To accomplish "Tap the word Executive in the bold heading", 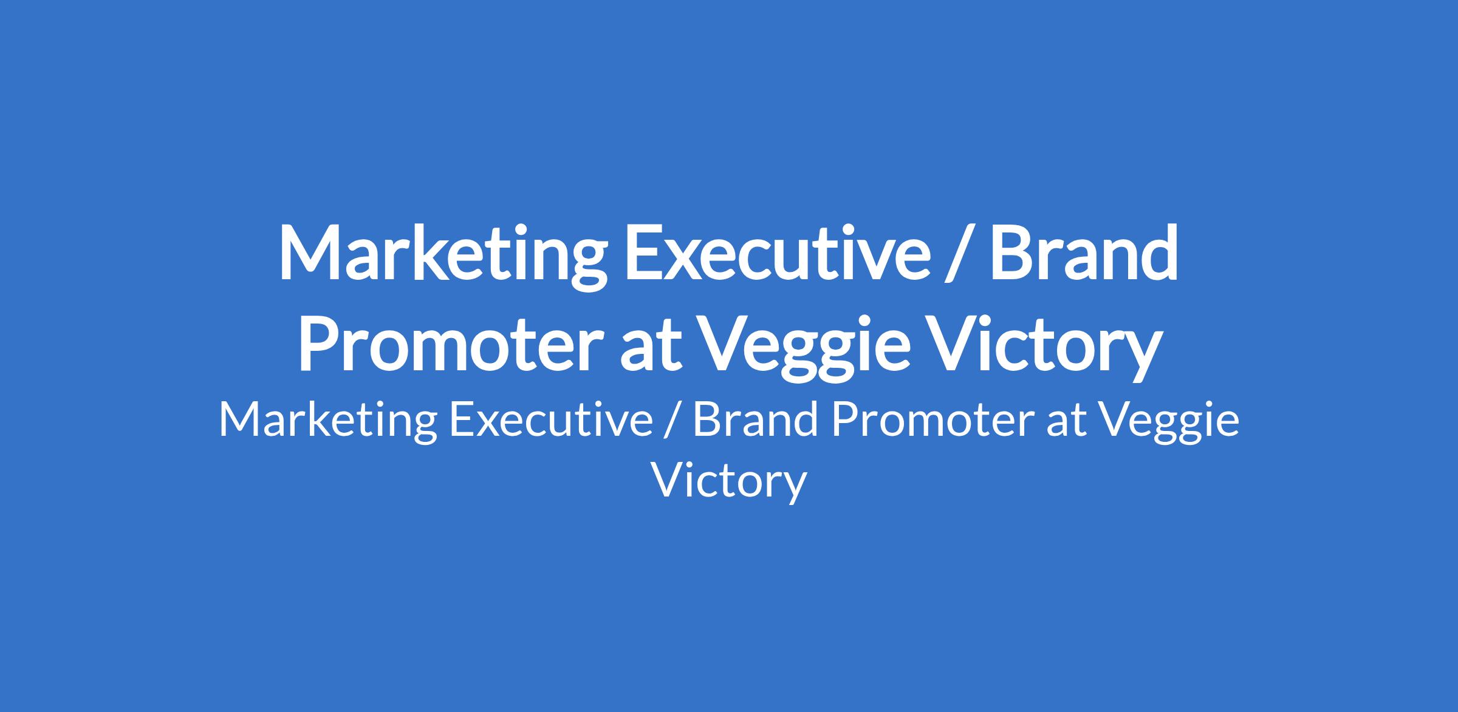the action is (778, 253).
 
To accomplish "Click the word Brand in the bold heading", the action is (1085, 253).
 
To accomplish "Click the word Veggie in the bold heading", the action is (806, 348).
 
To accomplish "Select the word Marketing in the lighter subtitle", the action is (328, 422).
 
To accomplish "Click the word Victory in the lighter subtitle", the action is (729, 483).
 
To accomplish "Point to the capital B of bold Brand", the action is (1012, 253).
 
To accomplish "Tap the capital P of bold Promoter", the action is (318, 342).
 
